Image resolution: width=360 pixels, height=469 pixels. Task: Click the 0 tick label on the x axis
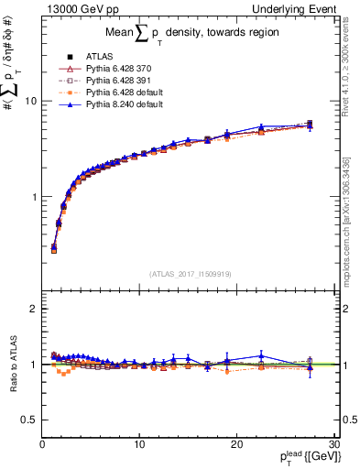[x=42, y=444]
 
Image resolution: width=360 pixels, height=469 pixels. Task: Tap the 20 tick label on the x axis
[x=235, y=444]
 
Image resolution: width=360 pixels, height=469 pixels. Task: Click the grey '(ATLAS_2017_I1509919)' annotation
[x=189, y=273]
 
